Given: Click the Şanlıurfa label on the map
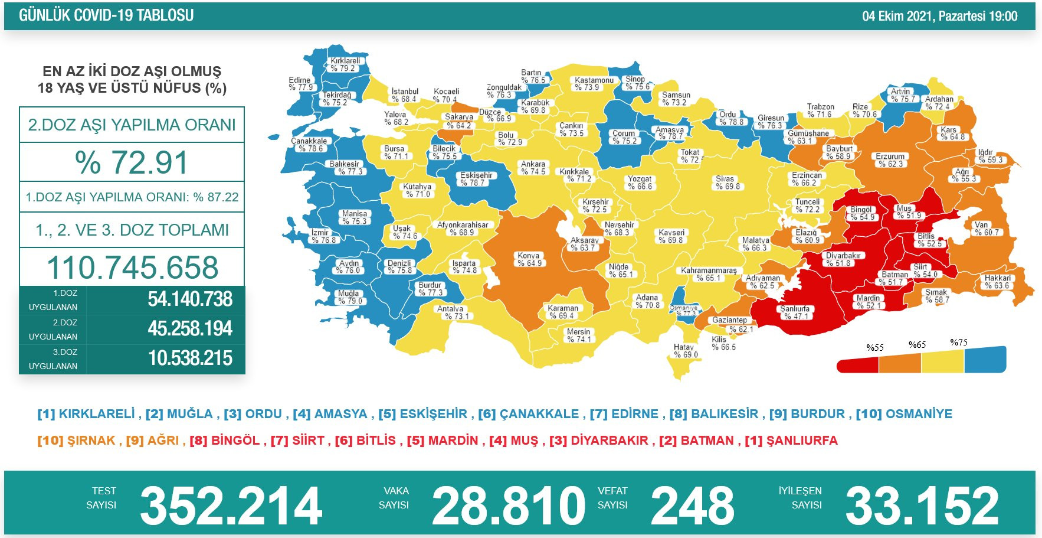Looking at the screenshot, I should click(x=795, y=312).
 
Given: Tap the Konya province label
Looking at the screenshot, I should click(x=529, y=259).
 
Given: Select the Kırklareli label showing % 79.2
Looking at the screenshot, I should click(x=345, y=64).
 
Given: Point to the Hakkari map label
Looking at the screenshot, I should click(x=997, y=282).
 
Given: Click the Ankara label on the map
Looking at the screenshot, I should click(x=533, y=168).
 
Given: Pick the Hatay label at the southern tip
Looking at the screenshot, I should click(x=685, y=351).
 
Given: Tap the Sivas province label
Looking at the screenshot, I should click(x=726, y=182).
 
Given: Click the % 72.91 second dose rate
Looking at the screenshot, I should click(x=132, y=162).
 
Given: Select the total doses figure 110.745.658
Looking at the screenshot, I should click(x=132, y=268).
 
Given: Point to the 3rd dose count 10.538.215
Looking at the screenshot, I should click(x=190, y=358).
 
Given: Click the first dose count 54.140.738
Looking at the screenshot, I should click(x=190, y=299).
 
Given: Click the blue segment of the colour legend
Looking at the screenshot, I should click(x=984, y=360).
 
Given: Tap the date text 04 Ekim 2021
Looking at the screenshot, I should click(x=896, y=17).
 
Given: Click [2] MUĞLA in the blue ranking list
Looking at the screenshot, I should click(x=179, y=414).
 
